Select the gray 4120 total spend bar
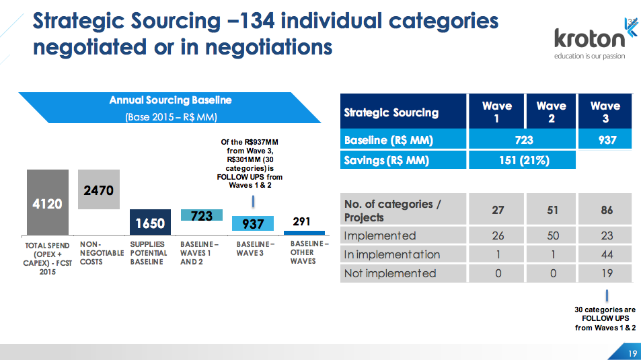[x=47, y=201]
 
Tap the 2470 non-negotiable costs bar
[x=98, y=190]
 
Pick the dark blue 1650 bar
[x=150, y=222]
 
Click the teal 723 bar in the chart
[x=202, y=215]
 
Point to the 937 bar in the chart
[x=253, y=224]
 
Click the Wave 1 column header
[x=497, y=112]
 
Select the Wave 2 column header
[x=552, y=112]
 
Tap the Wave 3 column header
[x=605, y=112]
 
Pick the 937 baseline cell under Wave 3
[x=605, y=140]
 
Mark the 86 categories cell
[x=607, y=210]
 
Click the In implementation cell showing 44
[x=607, y=254]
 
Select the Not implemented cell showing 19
[x=607, y=273]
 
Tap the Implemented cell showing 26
[x=498, y=236]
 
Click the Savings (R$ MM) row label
[x=387, y=160]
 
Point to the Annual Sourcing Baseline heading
[x=171, y=100]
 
